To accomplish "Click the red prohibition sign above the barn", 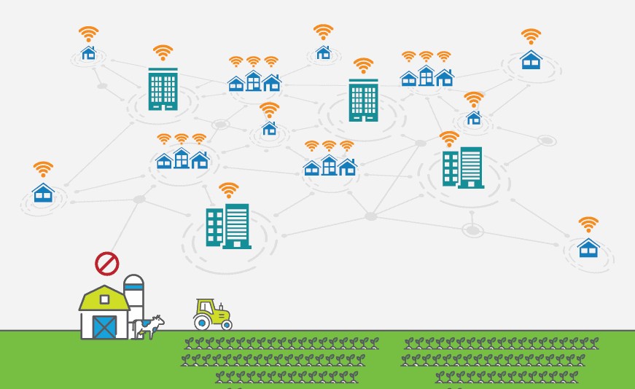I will point(107,263).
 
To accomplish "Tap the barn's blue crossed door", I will point(104,326).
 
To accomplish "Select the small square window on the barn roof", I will point(104,299).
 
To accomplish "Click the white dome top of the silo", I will point(133,279).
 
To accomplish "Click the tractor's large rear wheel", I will point(202,319).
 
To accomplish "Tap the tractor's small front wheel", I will point(226,323).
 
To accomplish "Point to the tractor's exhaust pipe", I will point(221,305).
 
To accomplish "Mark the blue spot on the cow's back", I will point(146,322).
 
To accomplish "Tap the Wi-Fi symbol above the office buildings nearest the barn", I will point(229,190).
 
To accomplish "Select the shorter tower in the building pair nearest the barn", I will point(214,227).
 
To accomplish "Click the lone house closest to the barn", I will point(43,193).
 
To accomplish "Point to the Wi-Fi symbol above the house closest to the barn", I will point(43,169).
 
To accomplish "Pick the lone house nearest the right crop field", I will point(588,248).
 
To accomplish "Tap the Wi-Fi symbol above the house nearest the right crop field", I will point(588,224).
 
